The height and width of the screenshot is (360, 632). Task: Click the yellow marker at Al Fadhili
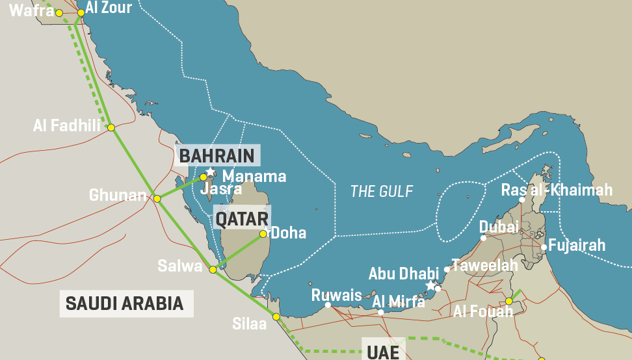coord(111,127)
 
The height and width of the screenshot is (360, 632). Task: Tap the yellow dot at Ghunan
coord(157,198)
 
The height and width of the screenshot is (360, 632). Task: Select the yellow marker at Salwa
coord(213,269)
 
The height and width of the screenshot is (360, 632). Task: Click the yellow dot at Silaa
coord(276,316)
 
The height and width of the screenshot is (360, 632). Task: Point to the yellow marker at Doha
coord(263,234)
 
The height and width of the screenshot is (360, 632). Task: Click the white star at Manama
coord(211,172)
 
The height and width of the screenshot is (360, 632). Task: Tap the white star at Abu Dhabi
coord(430,285)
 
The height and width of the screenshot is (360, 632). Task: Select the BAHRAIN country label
coord(217,156)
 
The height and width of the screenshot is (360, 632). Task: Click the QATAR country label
coord(242,219)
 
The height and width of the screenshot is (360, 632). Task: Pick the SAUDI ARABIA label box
coord(125,303)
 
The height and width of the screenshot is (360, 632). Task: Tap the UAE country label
coord(383,352)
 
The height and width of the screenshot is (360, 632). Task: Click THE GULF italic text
coord(382,191)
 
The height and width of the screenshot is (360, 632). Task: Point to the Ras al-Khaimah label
coord(557,190)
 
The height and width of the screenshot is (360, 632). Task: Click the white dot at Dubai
coord(483,238)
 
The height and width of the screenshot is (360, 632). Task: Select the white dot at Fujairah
coord(544,247)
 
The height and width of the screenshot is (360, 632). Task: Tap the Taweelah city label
coord(484,264)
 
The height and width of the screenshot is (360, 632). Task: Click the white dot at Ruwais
coord(328,305)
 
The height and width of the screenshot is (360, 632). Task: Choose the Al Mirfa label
coord(399,301)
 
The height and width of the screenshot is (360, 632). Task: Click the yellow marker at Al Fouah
coord(509,301)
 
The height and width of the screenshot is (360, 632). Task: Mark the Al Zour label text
coord(109,8)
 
